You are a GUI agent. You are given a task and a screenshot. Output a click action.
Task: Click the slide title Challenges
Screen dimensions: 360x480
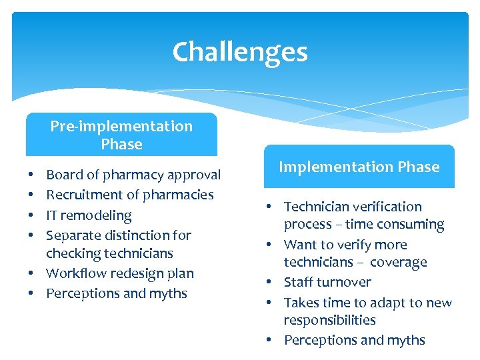pos(240,52)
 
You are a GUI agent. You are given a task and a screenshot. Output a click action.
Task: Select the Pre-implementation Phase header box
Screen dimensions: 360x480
pos(121,135)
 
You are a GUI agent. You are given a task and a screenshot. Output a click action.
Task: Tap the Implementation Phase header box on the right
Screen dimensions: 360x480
pos(359,167)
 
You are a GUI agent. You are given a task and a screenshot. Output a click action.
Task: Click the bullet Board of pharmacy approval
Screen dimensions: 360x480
pos(133,175)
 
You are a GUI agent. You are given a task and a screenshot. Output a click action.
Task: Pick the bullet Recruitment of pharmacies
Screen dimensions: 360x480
pos(129,195)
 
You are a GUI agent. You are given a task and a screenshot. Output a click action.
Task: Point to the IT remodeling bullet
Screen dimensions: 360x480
pos(89,215)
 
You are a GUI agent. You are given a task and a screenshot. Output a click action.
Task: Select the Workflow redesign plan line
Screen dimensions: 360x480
pos(119,273)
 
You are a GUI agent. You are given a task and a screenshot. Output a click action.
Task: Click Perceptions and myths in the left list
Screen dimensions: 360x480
pos(116,293)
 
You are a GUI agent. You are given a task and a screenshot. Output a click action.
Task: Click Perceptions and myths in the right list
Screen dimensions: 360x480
pos(354,340)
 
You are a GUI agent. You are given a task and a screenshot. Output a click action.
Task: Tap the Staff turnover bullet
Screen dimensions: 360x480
pos(327,282)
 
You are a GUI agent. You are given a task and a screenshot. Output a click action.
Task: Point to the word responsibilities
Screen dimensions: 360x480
pos(329,321)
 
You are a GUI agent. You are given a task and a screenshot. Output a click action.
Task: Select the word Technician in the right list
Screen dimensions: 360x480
pos(317,207)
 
